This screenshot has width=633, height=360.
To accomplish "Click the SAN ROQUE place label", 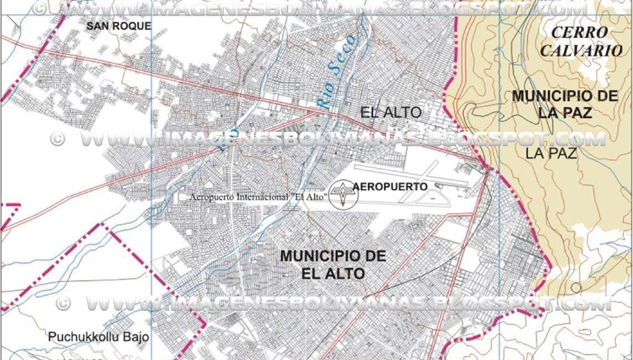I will (119, 26).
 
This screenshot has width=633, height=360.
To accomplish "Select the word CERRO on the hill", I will (579, 32).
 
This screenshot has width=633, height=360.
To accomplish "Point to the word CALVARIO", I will (581, 50).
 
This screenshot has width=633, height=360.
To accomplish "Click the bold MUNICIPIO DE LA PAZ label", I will (564, 104).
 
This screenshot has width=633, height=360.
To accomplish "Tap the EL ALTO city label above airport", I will (391, 113).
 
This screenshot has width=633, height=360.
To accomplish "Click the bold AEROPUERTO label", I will (390, 186).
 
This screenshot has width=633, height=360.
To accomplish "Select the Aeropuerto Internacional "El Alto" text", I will (258, 197).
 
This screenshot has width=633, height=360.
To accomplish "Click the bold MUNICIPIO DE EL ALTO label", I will (333, 265).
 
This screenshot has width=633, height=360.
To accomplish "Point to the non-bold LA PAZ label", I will (551, 153).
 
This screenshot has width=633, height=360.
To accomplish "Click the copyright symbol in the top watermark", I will (39, 9).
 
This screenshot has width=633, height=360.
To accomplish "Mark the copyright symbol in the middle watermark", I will (57, 139).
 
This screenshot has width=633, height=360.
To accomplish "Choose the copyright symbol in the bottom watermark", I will (63, 303).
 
